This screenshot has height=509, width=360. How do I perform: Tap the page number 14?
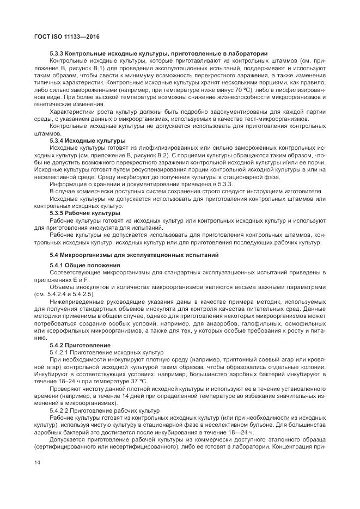point(38,462)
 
